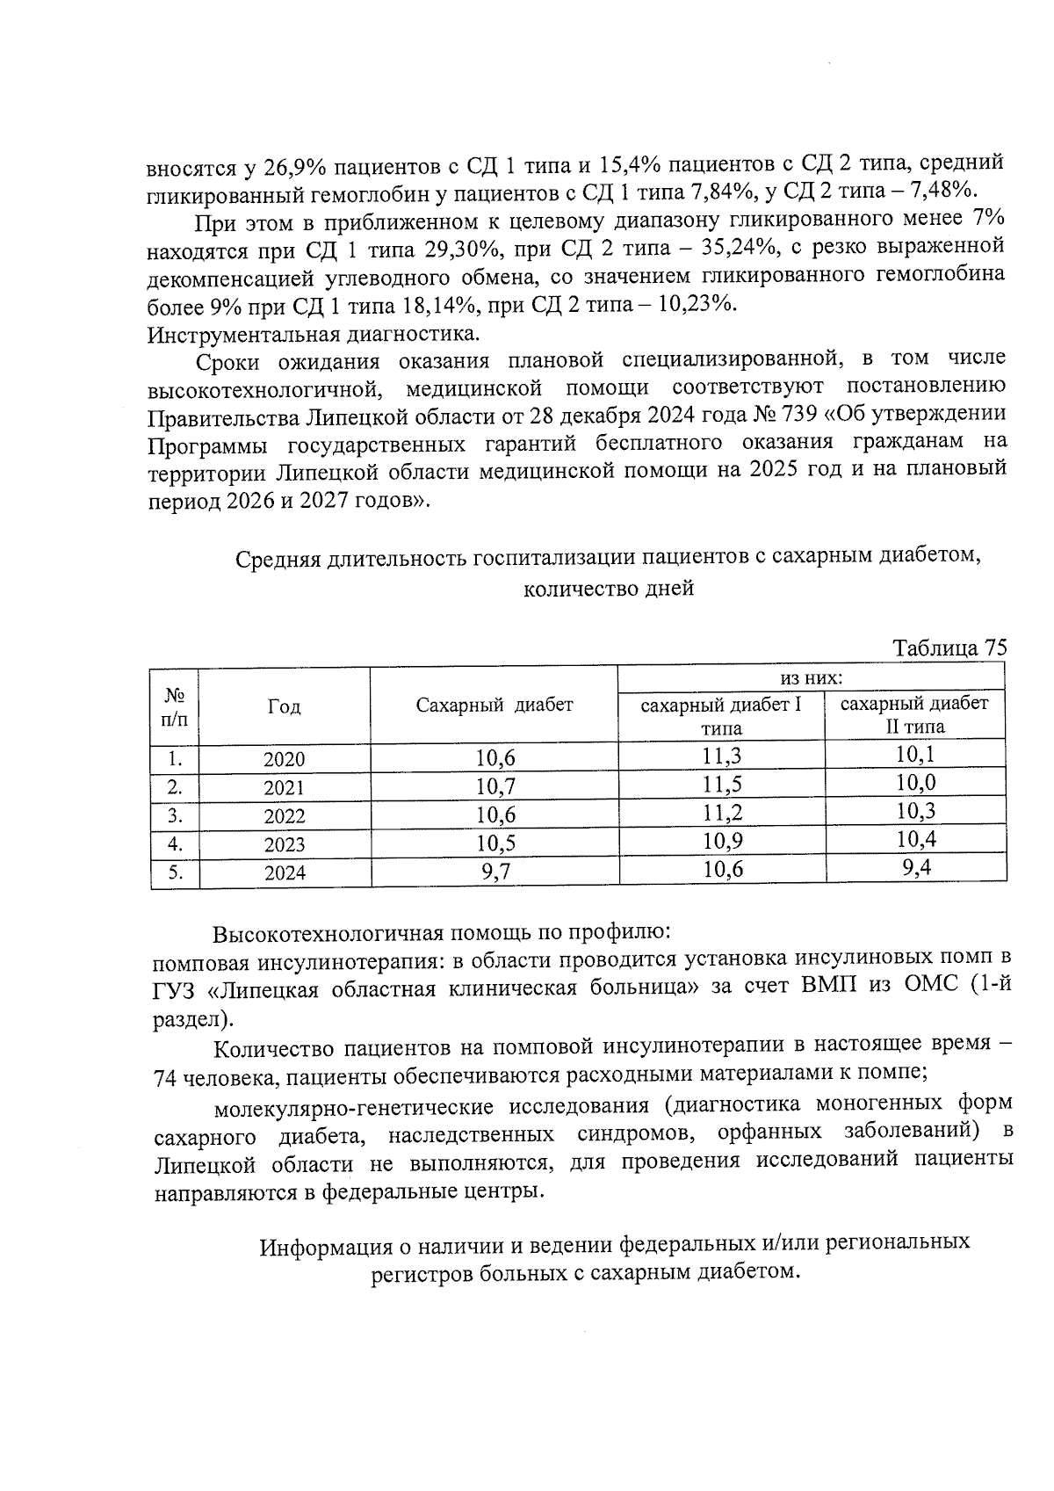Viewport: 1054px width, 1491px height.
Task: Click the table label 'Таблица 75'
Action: tap(949, 648)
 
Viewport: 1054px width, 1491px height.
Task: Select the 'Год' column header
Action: tap(284, 706)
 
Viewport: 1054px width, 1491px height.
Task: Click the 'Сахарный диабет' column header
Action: tap(495, 705)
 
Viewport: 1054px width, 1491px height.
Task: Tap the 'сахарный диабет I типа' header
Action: tap(721, 716)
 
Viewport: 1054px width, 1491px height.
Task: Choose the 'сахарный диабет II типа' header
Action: tap(914, 714)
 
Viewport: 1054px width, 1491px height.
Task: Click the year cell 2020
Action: tap(284, 760)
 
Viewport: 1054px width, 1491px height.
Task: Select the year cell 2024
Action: tap(284, 872)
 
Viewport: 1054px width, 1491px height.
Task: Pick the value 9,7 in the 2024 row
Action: tap(495, 872)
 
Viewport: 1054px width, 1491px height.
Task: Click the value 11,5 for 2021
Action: tap(722, 785)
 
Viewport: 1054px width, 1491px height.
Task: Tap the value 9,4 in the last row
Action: tap(914, 868)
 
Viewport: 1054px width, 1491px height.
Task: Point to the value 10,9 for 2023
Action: tap(722, 842)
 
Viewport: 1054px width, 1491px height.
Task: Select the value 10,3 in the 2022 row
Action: tap(914, 811)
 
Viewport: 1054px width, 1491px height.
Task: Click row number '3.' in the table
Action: tap(175, 815)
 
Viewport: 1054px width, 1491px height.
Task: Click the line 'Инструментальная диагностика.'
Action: tap(314, 334)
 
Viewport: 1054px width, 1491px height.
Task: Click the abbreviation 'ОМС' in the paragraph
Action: tap(932, 987)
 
